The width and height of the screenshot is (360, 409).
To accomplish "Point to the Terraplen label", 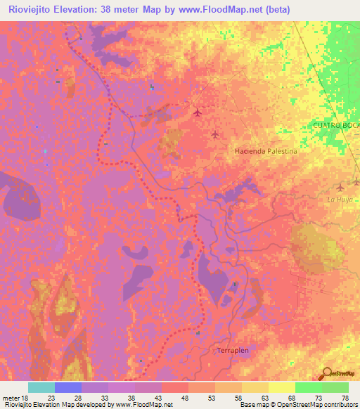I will pos(231,349).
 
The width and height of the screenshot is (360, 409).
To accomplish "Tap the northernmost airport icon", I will pos(198,111).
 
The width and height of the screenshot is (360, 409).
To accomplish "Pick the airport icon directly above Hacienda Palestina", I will pos(215,134).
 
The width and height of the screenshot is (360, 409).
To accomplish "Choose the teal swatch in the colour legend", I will pos(41,387).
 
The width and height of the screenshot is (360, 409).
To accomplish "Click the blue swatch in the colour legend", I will pos(68,387).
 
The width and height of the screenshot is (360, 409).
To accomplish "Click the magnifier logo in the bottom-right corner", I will pos(327,375).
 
